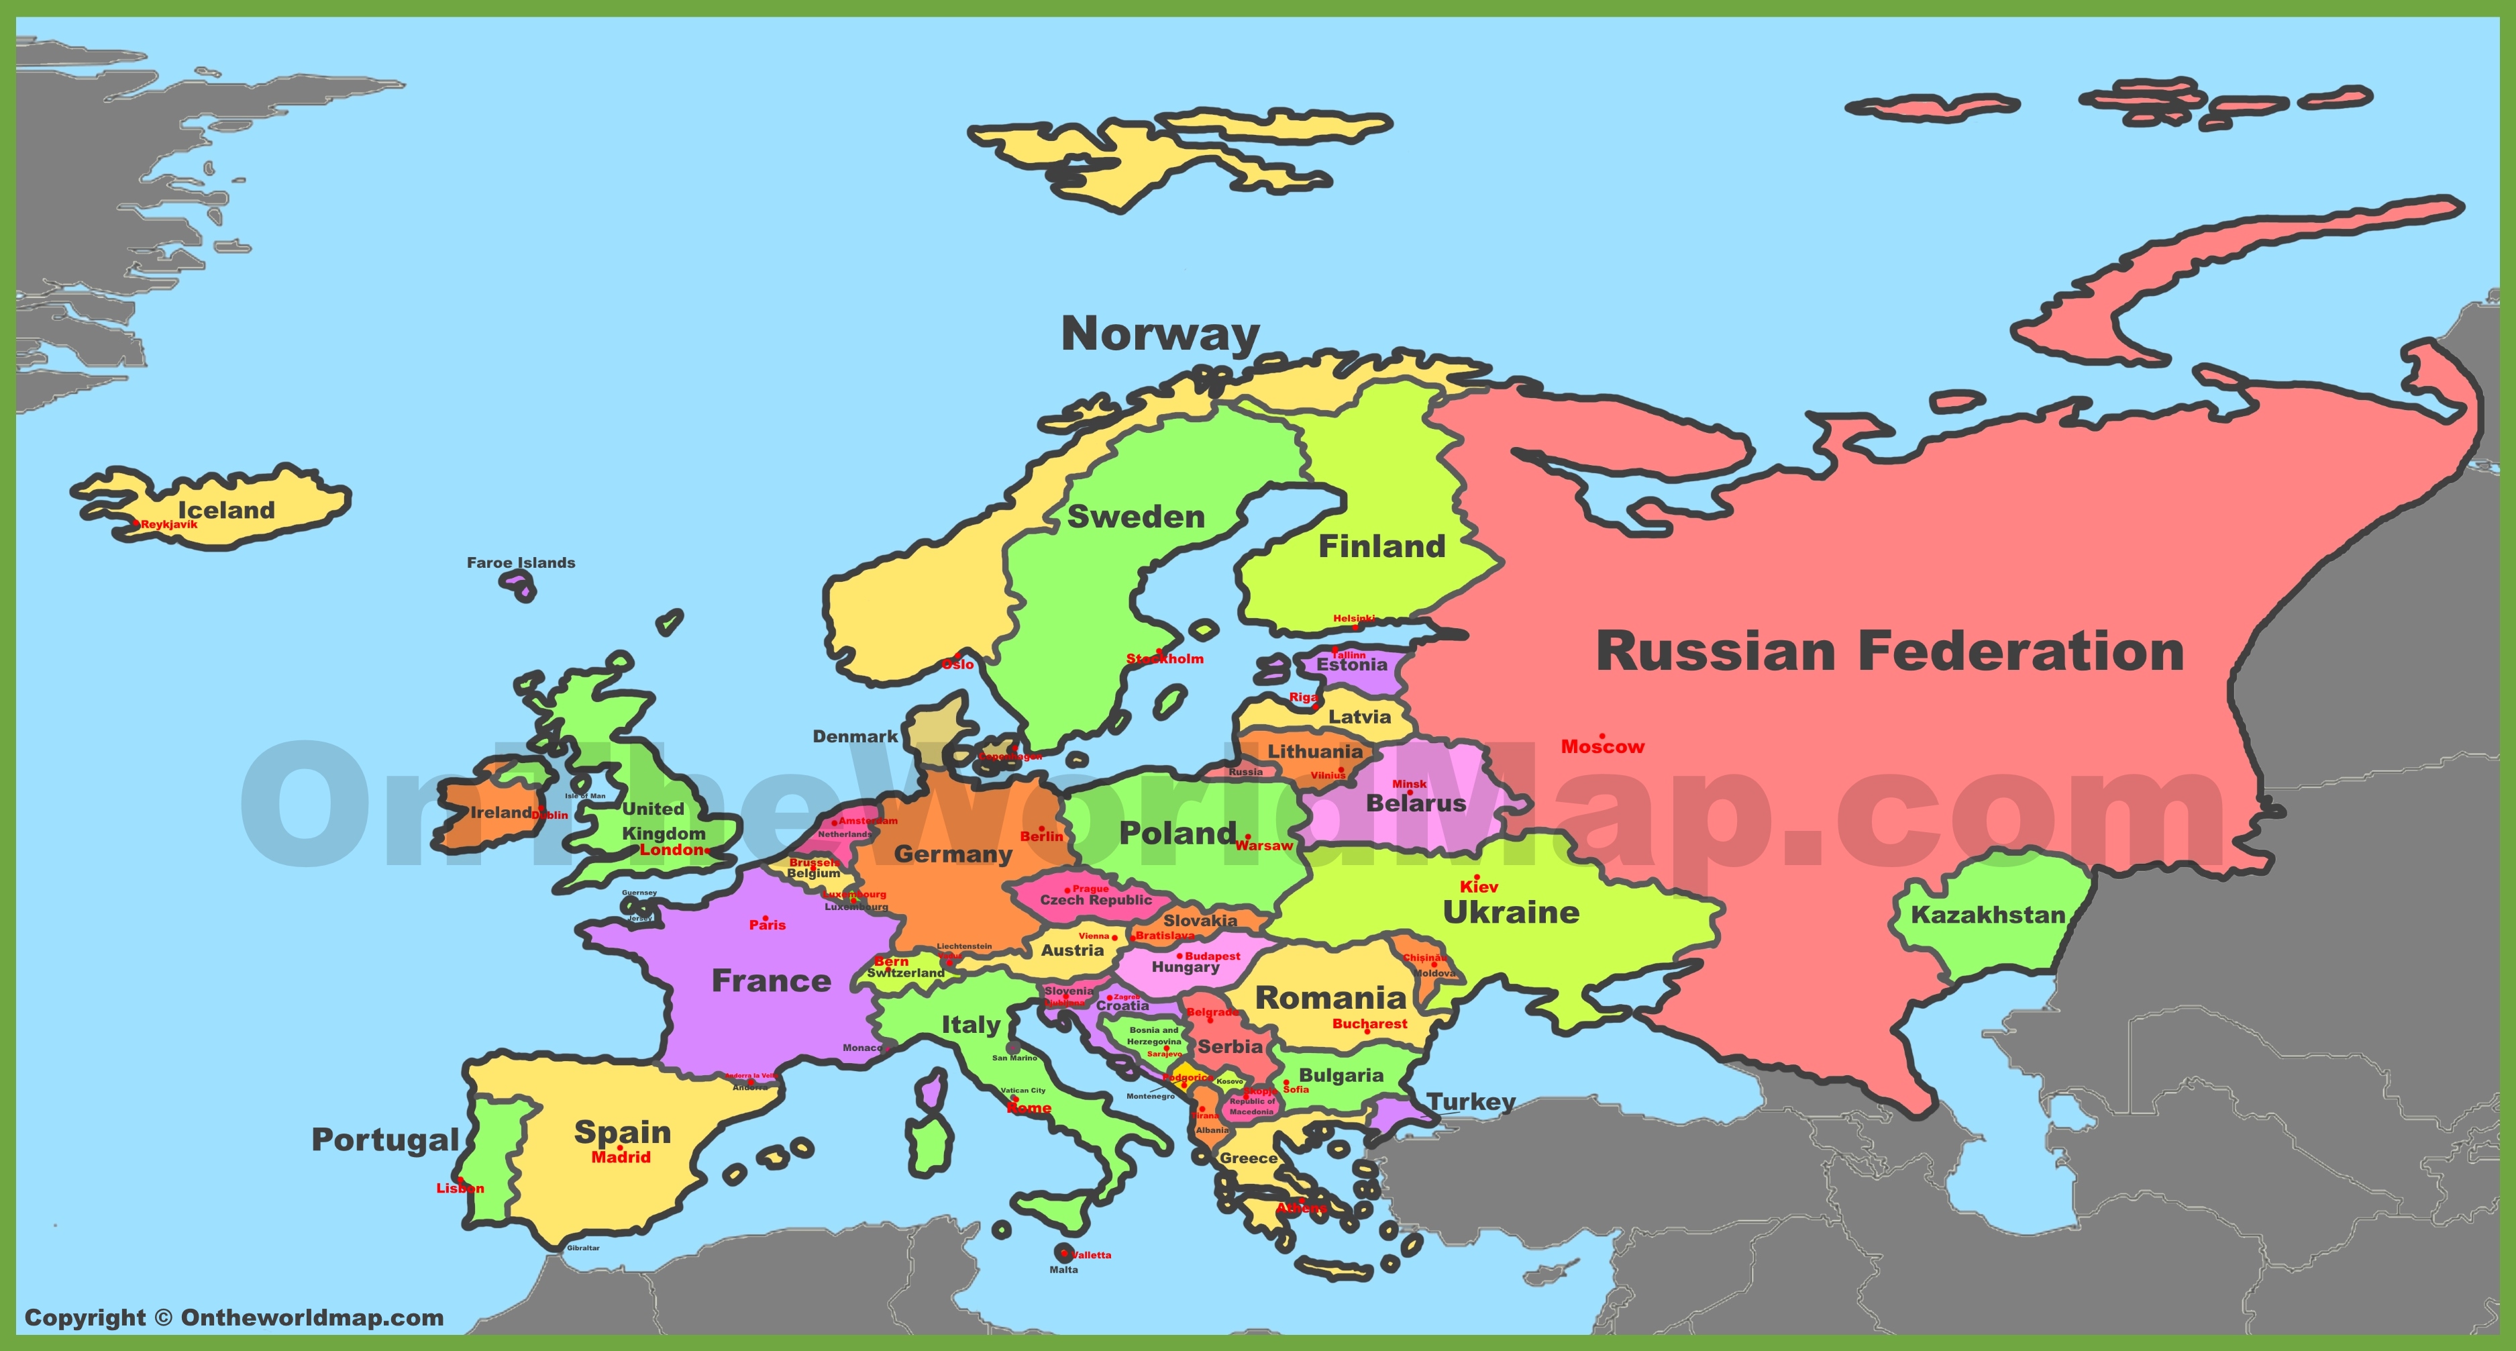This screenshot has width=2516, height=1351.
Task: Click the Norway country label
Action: point(1160,334)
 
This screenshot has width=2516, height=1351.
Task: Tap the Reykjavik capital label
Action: point(169,525)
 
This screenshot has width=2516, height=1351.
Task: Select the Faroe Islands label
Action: point(521,562)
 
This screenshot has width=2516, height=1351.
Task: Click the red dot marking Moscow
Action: point(1602,736)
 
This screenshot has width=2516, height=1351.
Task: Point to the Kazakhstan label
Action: point(1987,915)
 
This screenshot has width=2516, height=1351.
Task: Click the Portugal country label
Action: point(385,1140)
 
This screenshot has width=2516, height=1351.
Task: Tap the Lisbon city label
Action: point(460,1189)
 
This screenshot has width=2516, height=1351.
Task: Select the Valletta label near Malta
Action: point(1091,1255)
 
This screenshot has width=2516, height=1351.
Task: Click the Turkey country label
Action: point(1471,1102)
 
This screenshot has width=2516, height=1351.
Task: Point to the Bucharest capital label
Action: point(1369,1023)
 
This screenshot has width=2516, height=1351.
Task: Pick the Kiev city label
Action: point(1479,887)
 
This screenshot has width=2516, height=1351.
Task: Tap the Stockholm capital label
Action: point(1165,659)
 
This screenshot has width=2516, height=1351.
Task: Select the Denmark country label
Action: point(855,736)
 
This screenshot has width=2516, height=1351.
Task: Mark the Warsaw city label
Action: point(1264,846)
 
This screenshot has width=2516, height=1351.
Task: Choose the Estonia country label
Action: point(1352,665)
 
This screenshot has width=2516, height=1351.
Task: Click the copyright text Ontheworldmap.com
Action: point(233,1318)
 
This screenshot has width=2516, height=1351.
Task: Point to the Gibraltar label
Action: point(583,1248)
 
